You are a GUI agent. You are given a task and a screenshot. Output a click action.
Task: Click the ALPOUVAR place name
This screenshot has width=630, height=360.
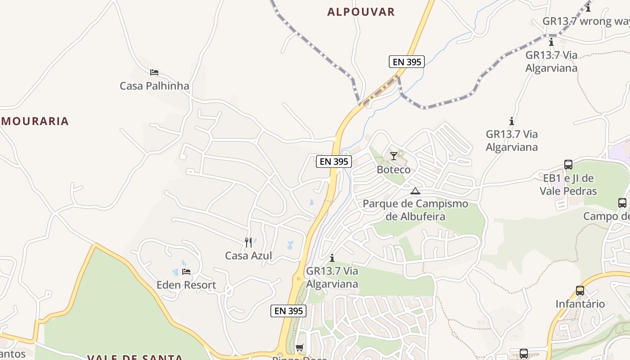tap(361, 12)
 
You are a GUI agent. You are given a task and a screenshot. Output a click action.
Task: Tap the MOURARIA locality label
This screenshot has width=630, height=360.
tap(35, 121)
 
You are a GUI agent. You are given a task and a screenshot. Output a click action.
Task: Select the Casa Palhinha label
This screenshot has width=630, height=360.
tap(154, 85)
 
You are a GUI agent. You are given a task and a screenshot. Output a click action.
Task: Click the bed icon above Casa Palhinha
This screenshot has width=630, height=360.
tap(154, 72)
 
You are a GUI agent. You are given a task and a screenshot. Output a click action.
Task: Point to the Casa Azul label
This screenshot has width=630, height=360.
tap(248, 256)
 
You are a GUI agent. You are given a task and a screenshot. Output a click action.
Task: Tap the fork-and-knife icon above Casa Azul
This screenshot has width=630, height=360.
tap(248, 243)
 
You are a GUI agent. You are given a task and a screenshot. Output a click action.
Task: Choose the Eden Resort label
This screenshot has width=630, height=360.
tap(186, 285)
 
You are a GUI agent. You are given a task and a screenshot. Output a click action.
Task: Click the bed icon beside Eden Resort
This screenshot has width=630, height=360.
tap(186, 272)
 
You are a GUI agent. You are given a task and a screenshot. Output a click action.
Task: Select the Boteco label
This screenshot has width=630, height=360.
tap(394, 170)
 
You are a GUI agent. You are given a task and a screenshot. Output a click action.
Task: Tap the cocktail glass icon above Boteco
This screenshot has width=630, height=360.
tap(394, 156)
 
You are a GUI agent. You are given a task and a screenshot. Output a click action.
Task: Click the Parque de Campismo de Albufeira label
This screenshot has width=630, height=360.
tap(415, 210)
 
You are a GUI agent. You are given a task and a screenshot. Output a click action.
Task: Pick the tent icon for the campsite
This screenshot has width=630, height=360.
tap(415, 191)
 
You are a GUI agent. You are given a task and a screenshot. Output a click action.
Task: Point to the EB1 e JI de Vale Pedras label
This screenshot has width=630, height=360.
tap(568, 184)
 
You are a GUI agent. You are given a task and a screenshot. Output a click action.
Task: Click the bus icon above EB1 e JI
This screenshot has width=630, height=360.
tap(568, 165)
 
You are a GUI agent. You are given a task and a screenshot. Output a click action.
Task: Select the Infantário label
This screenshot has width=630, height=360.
tap(580, 304)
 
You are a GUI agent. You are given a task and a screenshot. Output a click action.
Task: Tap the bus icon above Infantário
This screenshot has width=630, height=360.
tap(580, 291)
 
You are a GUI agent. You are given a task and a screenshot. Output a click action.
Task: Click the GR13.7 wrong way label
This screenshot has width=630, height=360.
tap(585, 21)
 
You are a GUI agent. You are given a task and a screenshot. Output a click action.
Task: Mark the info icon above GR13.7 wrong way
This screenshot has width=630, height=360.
tap(588, 8)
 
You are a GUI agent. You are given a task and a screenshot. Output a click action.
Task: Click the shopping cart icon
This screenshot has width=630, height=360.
tap(299, 347)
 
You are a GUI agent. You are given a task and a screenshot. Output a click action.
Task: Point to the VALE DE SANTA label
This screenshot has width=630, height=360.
tap(135, 357)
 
